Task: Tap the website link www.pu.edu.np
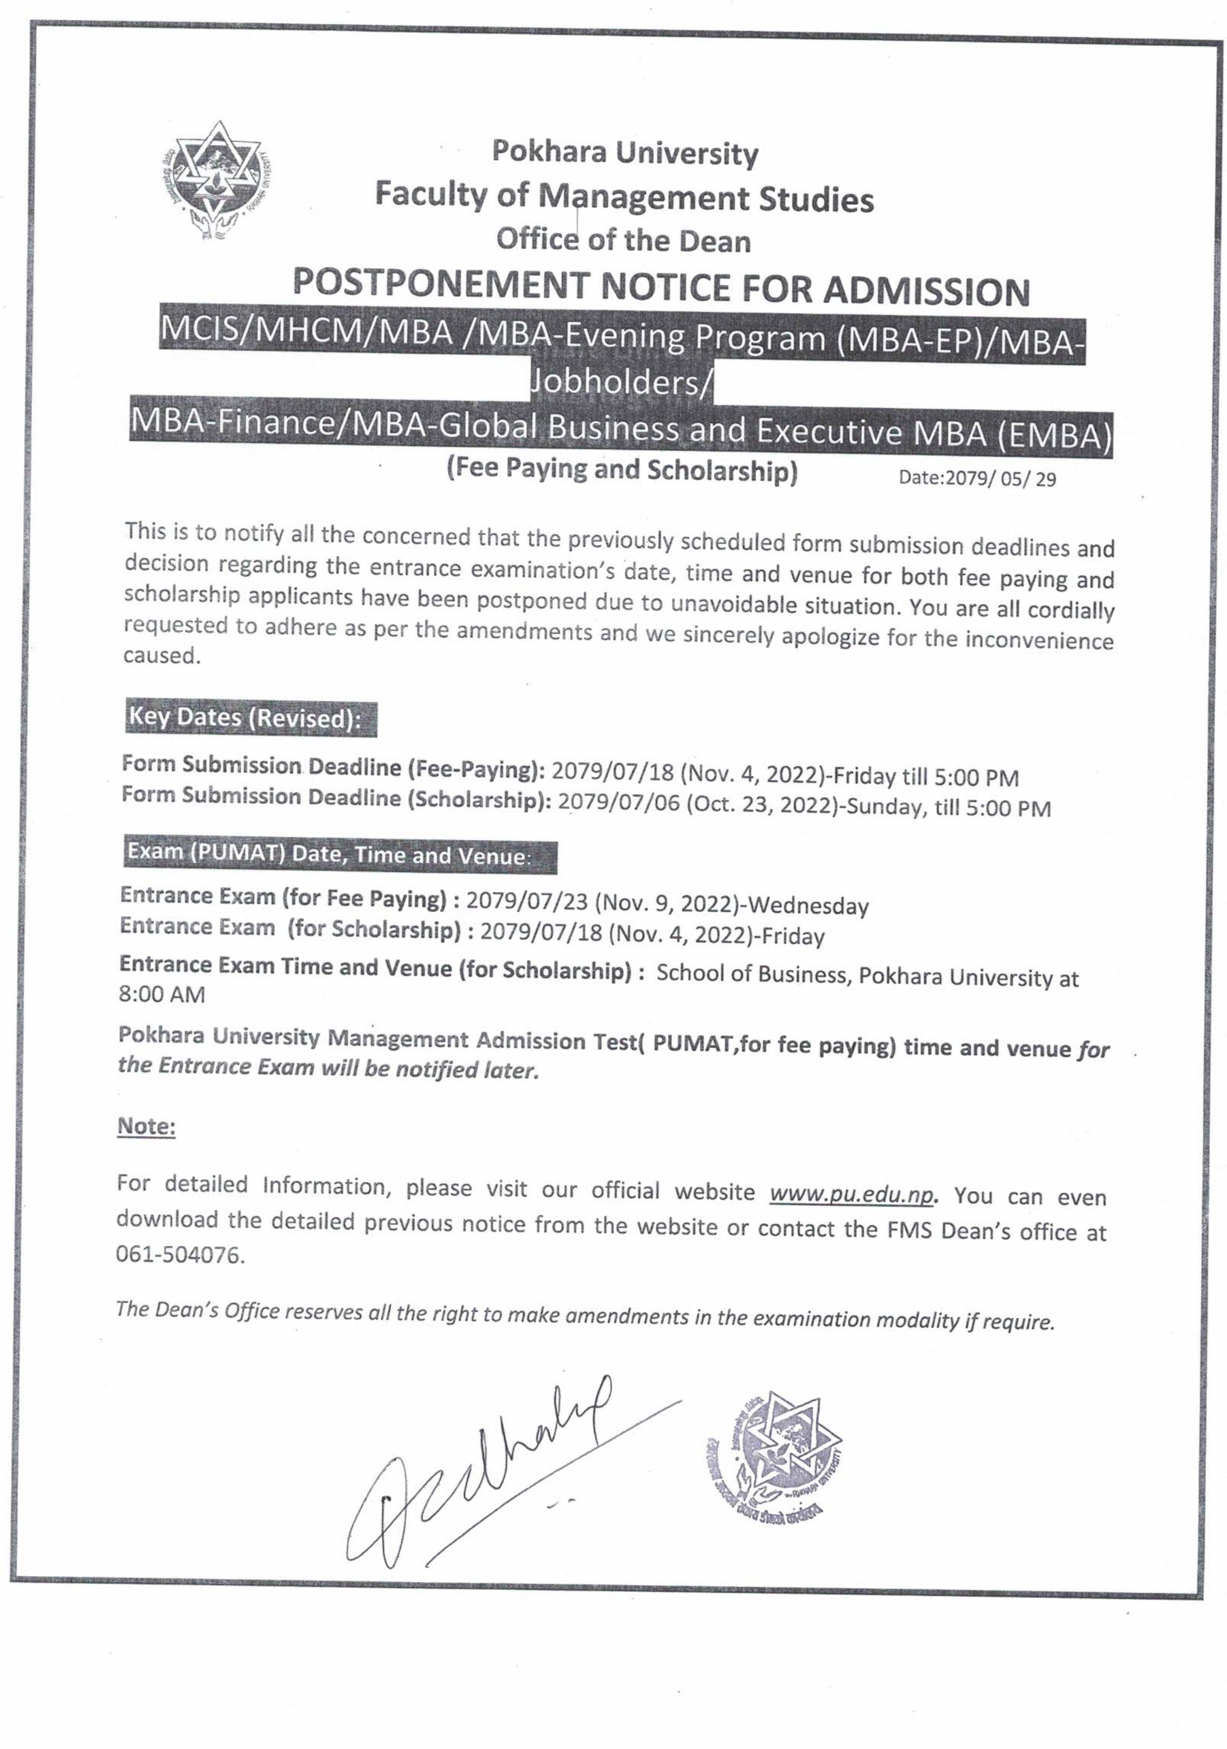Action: (851, 1194)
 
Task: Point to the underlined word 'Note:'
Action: (146, 1126)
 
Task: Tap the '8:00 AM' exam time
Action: (161, 995)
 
